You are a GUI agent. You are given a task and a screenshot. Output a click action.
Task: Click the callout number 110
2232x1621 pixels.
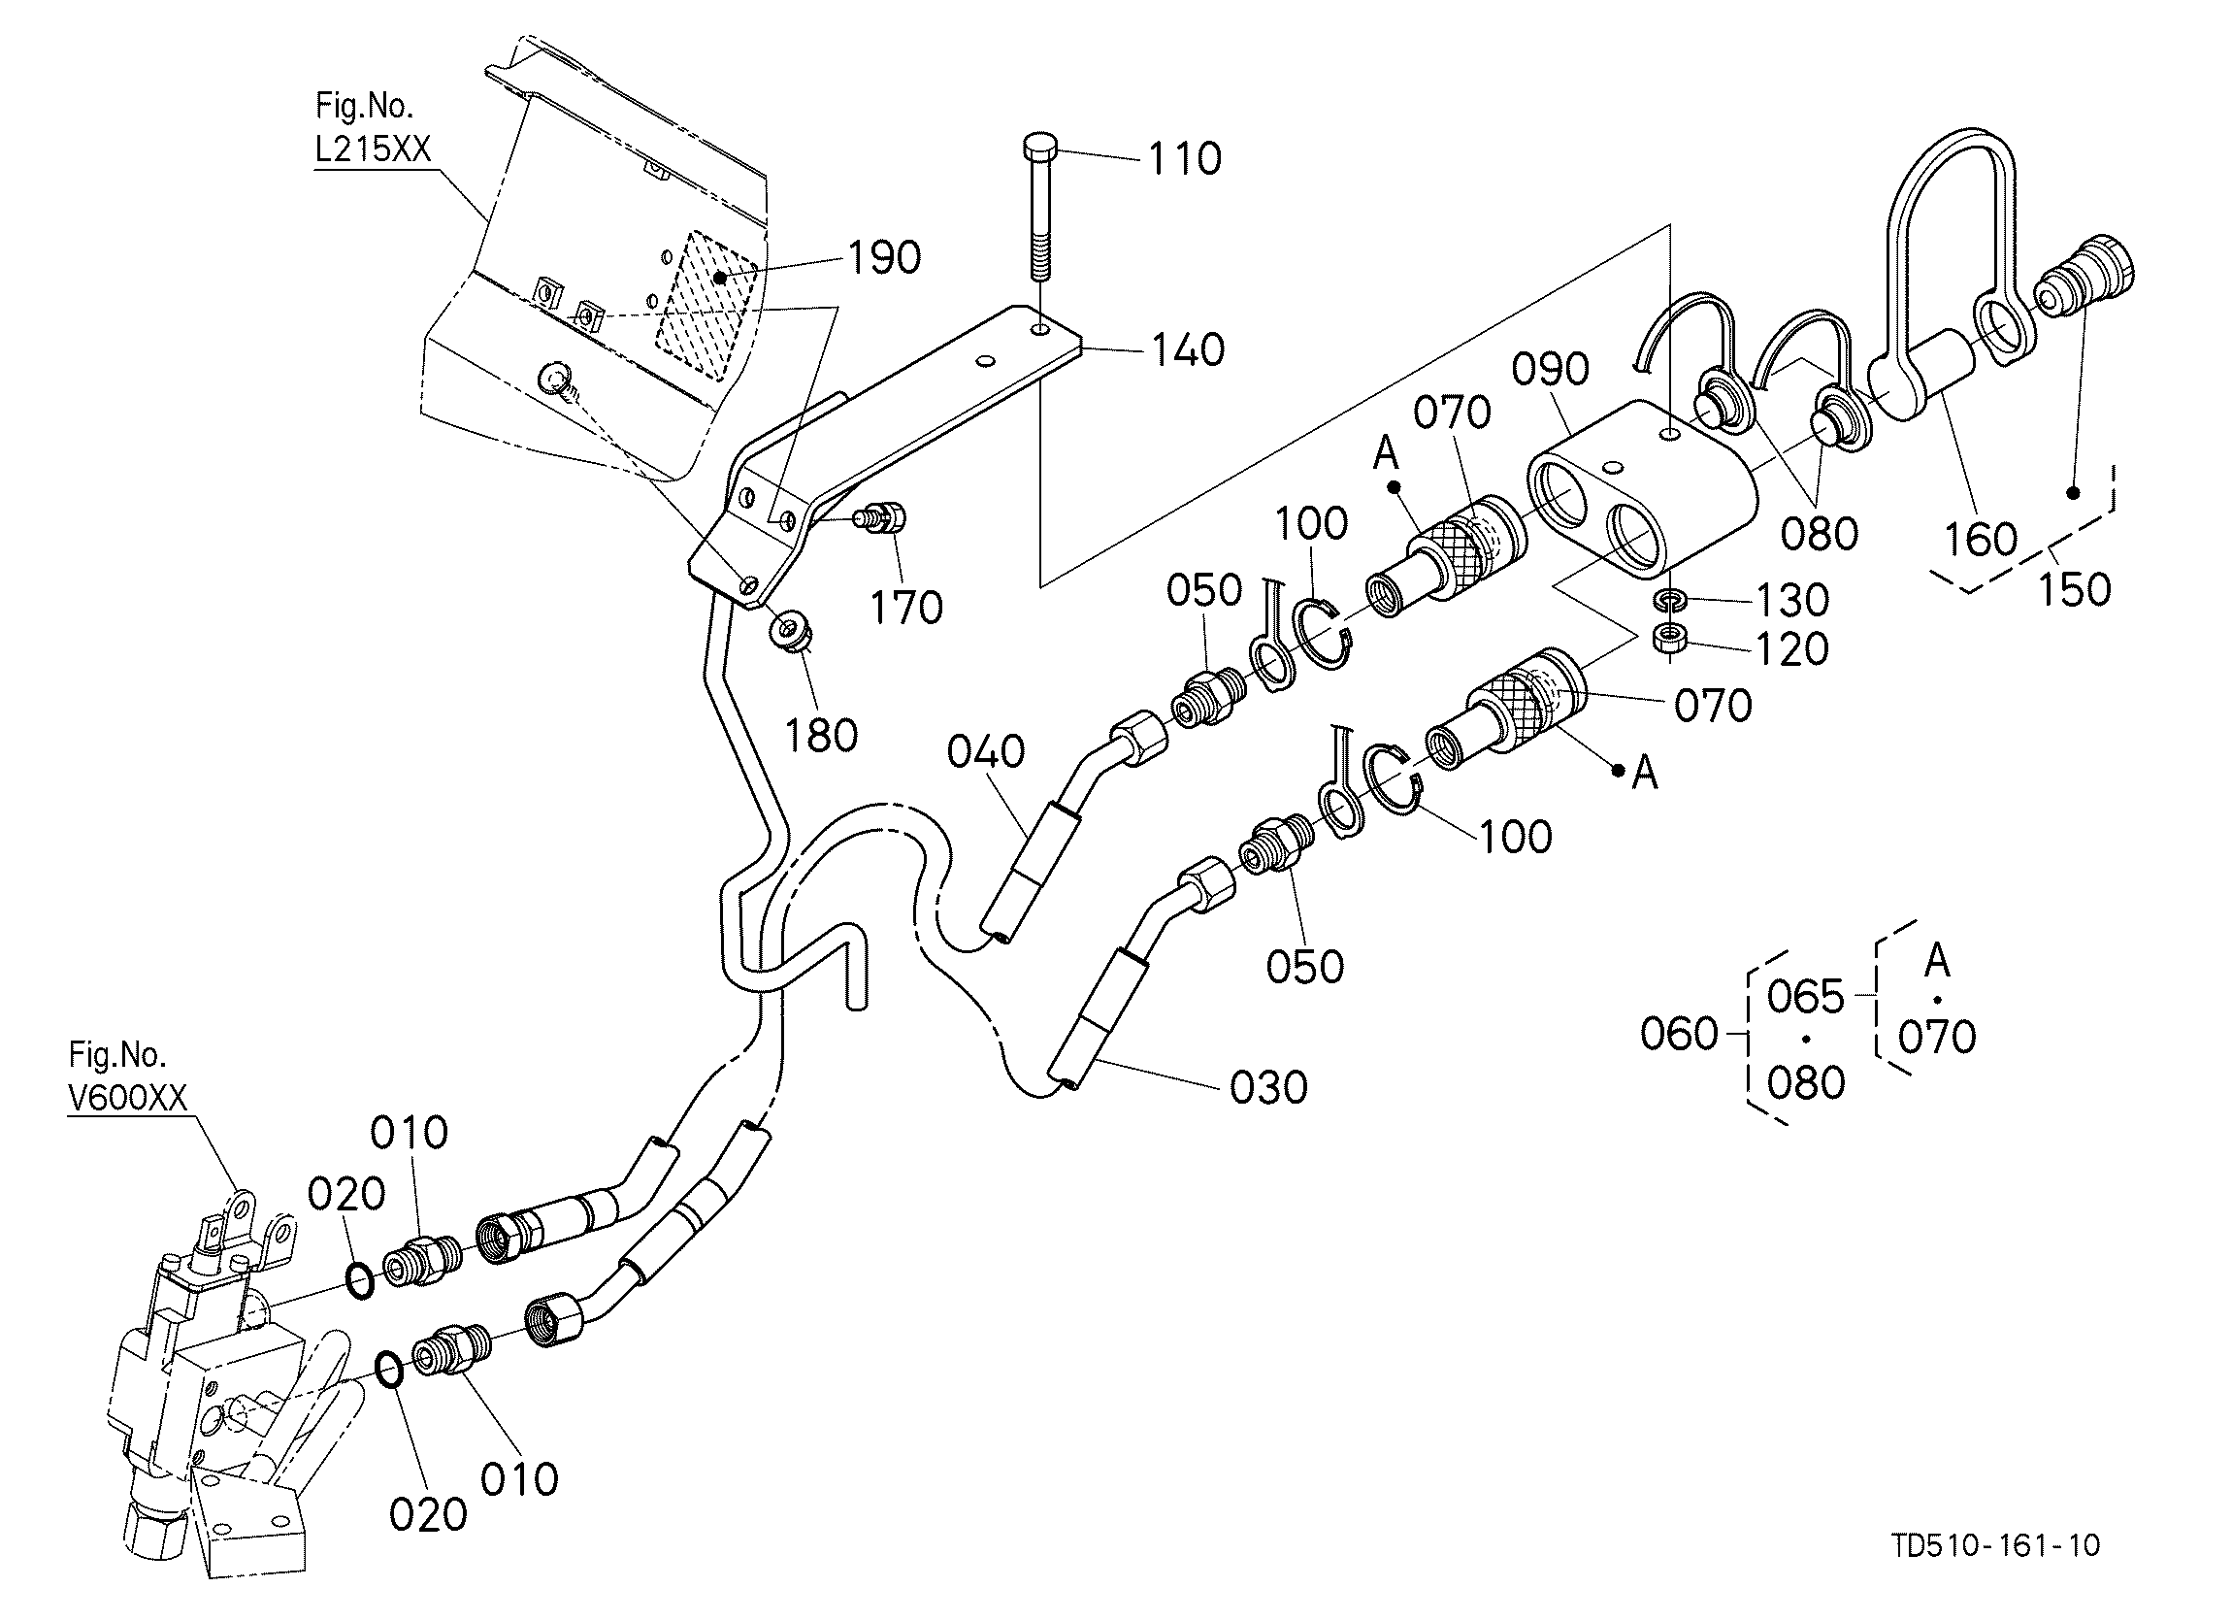(x=1185, y=158)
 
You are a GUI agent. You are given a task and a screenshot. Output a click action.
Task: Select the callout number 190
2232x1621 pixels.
(x=884, y=258)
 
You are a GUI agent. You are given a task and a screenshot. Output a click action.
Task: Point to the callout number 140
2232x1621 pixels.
(x=1188, y=350)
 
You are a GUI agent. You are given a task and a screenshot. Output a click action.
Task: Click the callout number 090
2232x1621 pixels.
(x=1550, y=369)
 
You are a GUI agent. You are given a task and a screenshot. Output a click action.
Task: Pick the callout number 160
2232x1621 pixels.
(x=1981, y=540)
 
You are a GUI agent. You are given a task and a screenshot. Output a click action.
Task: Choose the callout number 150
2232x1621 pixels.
(x=2074, y=589)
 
